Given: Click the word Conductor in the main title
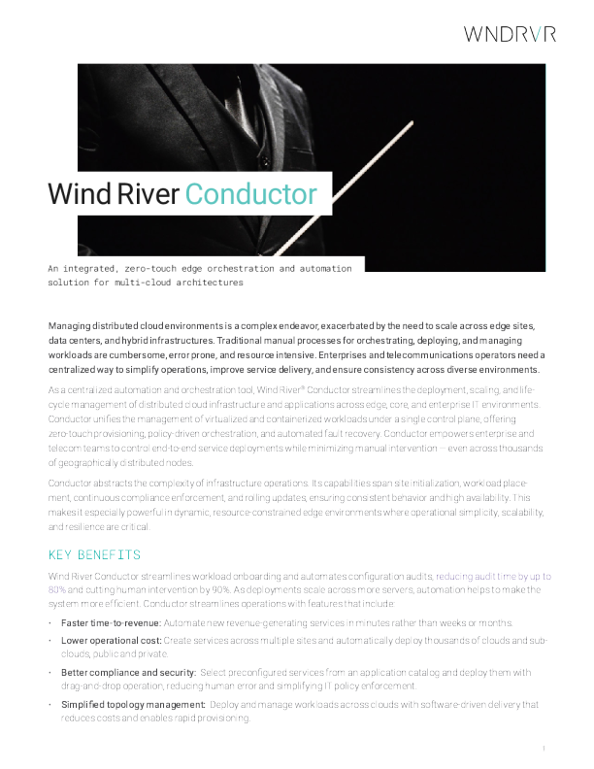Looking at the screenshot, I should click(x=250, y=194).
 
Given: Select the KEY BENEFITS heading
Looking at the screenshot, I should click(x=95, y=554).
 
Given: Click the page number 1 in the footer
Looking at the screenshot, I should click(x=544, y=748).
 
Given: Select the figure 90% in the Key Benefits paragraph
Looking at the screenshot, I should click(x=209, y=589).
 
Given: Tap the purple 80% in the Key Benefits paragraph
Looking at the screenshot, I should click(x=57, y=589).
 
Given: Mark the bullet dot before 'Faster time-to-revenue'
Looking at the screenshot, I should click(x=50, y=622).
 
